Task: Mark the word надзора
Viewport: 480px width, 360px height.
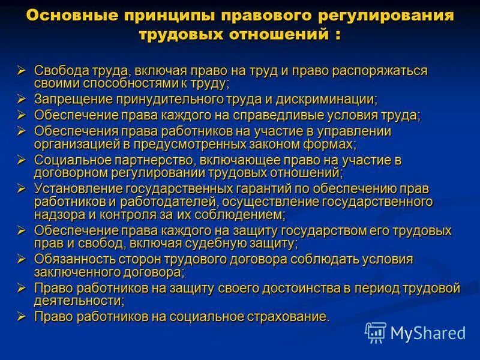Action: pos(57,214)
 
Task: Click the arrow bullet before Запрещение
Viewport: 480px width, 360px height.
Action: pos(22,98)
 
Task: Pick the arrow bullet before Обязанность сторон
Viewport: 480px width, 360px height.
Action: pos(22,259)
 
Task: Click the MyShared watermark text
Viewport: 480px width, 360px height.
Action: pos(427,332)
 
